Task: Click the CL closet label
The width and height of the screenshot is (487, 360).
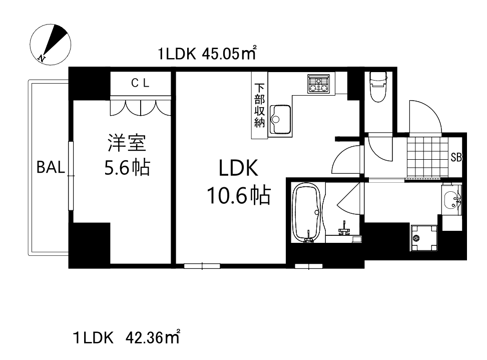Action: (x=140, y=84)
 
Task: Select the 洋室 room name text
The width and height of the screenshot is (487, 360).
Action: (x=127, y=144)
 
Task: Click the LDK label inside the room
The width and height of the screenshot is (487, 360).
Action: (x=238, y=169)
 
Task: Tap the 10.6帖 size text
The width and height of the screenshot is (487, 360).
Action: (x=238, y=195)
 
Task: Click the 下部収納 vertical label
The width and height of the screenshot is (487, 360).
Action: (x=259, y=105)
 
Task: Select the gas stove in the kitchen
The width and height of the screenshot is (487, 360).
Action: (x=318, y=84)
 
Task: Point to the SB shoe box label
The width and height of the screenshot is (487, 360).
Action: (x=455, y=157)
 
